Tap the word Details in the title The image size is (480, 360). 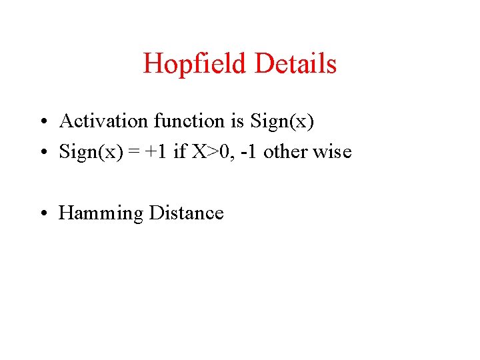(295, 64)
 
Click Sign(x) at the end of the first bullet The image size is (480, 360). (281, 122)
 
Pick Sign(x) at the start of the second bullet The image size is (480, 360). (90, 153)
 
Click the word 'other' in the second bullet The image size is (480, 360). (286, 152)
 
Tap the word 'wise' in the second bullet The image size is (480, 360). (332, 152)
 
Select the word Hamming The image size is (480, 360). (101, 214)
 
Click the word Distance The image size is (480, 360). (187, 213)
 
